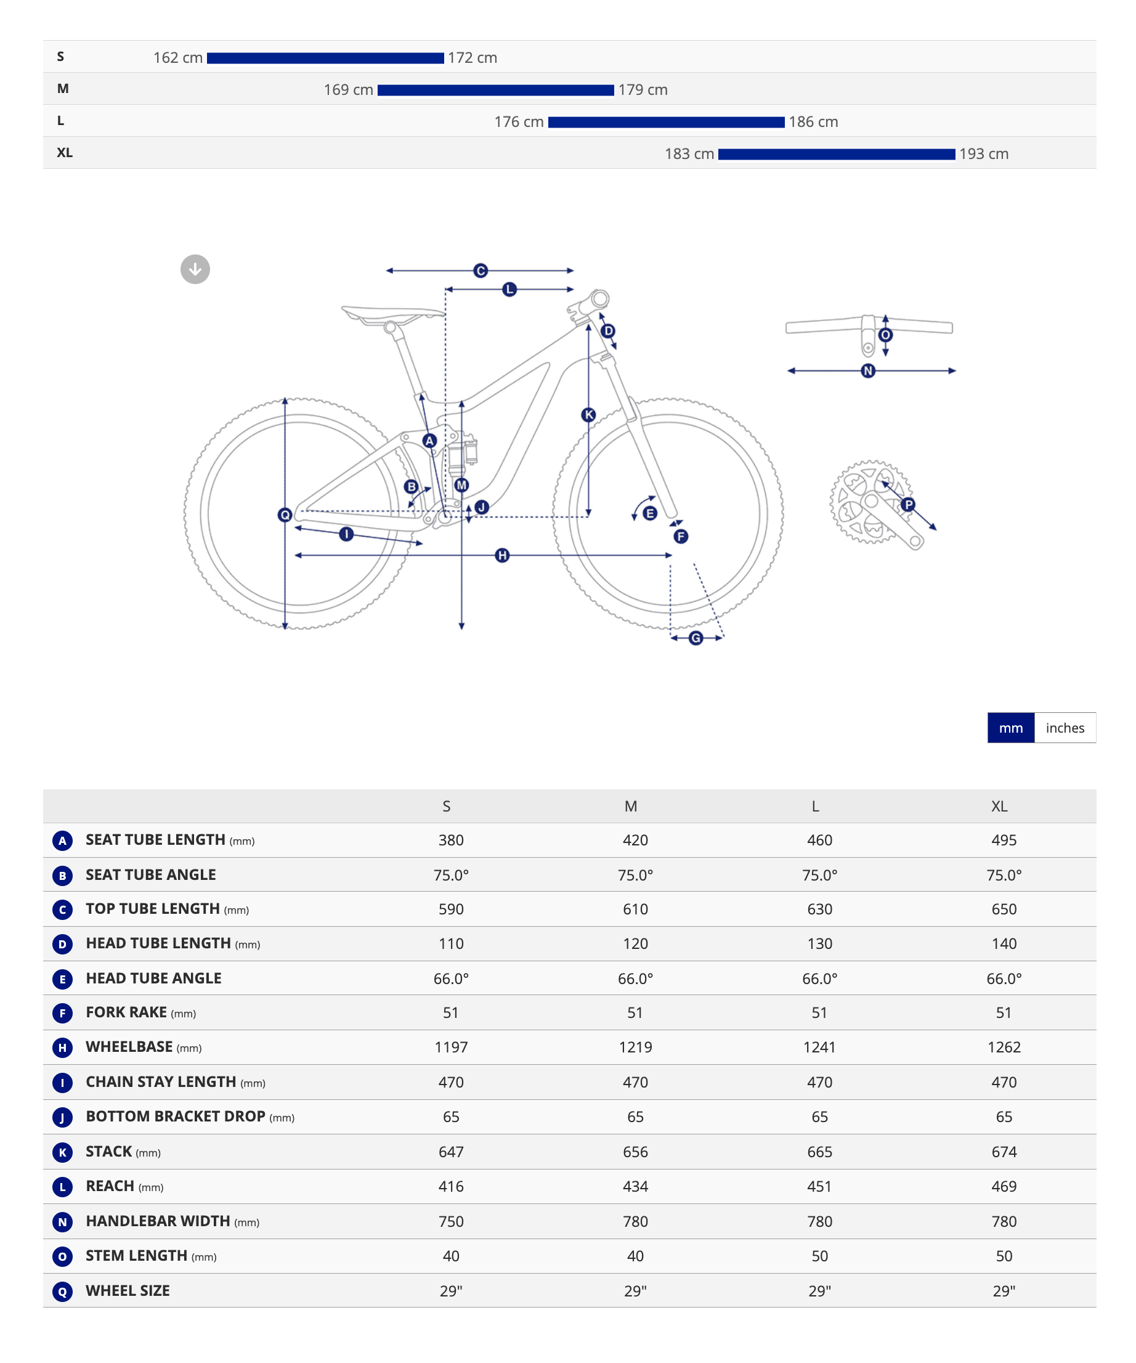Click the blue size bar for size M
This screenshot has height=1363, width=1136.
[x=496, y=90]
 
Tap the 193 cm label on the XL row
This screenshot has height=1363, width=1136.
[x=984, y=154]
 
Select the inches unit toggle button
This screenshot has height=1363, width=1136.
[x=1065, y=728]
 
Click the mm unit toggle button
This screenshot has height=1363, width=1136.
[x=1011, y=728]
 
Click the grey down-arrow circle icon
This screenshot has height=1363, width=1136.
[x=195, y=269]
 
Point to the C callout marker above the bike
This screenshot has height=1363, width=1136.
[x=480, y=271]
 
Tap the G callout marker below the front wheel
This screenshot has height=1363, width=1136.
[x=696, y=638]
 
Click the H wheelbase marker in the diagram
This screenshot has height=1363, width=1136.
[x=502, y=556]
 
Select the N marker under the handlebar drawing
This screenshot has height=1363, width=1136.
[x=868, y=370]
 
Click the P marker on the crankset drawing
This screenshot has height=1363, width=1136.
[x=908, y=504]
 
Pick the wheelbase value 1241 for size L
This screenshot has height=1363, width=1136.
[x=819, y=1047]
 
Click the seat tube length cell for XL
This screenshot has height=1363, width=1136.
[x=1004, y=840]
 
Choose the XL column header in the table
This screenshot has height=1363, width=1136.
[x=999, y=806]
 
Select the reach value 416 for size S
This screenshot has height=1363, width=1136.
[x=451, y=1186]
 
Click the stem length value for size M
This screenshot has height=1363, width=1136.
[x=635, y=1256]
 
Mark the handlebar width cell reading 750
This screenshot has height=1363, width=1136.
[x=451, y=1221]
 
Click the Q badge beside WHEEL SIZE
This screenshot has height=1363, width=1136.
[x=62, y=1292]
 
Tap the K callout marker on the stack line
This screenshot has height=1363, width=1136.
[x=588, y=415]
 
